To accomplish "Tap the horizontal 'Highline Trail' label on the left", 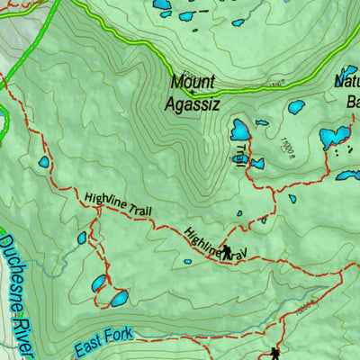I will click(x=118, y=204).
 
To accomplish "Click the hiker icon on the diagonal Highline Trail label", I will click(x=227, y=252).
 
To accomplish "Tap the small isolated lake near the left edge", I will click(x=43, y=163).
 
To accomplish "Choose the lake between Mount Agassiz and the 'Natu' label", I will click(x=295, y=107).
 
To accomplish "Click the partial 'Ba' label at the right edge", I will click(x=352, y=101).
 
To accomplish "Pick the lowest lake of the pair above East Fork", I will click(x=117, y=297).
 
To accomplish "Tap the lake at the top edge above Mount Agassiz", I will click(x=162, y=4).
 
